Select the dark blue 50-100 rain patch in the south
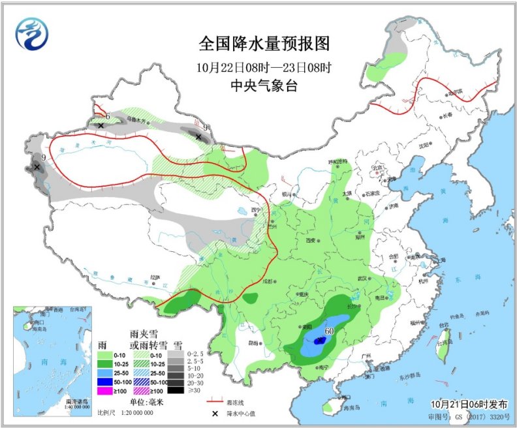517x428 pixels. coord(319,341)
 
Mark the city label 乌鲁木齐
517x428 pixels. coord(136,119)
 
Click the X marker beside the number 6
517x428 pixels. coord(101,125)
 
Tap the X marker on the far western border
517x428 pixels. coord(37,167)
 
